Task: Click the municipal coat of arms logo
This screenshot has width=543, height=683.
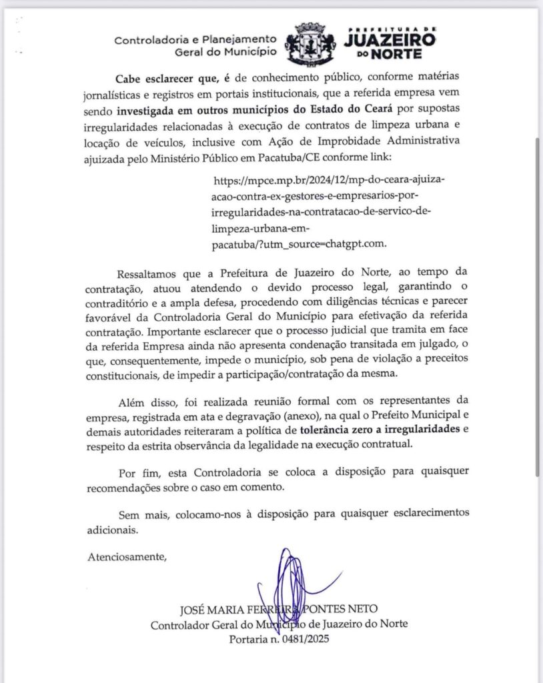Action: click(x=308, y=45)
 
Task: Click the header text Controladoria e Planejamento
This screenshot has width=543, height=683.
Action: click(x=195, y=39)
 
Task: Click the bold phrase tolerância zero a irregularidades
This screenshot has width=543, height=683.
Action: click(x=379, y=430)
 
